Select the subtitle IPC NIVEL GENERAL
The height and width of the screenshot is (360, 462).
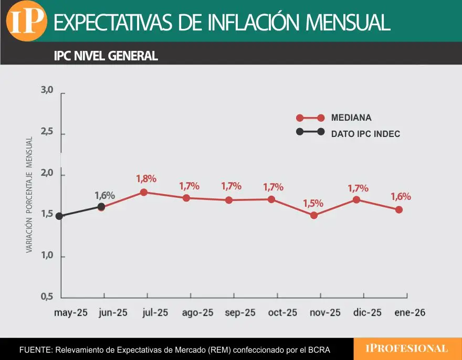(x=106, y=56)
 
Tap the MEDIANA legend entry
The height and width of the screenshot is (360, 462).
(x=351, y=118)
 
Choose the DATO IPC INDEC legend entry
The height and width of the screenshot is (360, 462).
(x=365, y=134)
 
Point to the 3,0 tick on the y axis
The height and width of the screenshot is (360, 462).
(x=47, y=90)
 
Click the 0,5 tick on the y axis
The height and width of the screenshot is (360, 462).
(x=47, y=297)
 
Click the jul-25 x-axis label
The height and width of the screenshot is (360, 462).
(x=155, y=313)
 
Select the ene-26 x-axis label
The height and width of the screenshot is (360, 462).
(x=409, y=313)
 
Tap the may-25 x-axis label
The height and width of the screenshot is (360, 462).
(x=70, y=313)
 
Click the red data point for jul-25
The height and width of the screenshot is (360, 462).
(x=143, y=192)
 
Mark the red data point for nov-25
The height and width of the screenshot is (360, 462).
(x=314, y=215)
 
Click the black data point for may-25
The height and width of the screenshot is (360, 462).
(x=59, y=216)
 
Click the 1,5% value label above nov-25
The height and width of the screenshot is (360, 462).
(x=313, y=203)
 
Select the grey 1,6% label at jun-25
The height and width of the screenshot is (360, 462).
(x=104, y=195)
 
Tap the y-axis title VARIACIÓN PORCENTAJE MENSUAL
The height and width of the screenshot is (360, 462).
(x=29, y=195)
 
